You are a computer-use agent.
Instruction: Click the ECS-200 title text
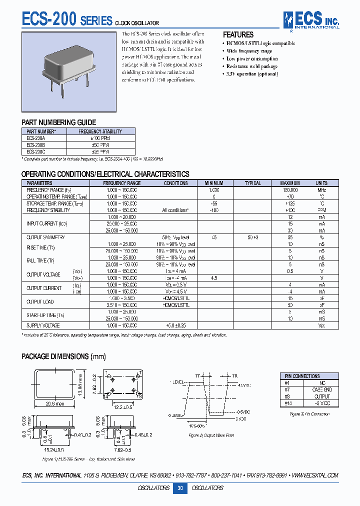[48, 19]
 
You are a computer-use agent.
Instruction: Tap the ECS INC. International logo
[311, 20]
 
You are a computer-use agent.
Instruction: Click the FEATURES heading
[238, 34]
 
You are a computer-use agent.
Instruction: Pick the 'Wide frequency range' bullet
[249, 51]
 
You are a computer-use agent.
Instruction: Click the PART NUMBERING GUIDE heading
[58, 122]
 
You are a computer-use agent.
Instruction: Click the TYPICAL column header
[252, 183]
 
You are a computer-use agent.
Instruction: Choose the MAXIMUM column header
[290, 183]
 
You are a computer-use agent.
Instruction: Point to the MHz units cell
[321, 190]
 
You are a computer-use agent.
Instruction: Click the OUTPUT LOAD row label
[40, 301]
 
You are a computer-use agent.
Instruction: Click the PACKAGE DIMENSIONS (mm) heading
[63, 356]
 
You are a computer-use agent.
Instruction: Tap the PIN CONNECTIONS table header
[303, 376]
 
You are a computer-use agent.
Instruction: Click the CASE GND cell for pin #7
[322, 389]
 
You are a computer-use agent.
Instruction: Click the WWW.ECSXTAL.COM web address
[315, 475]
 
